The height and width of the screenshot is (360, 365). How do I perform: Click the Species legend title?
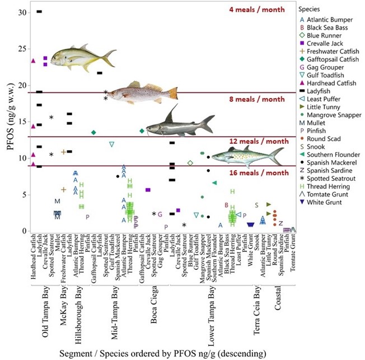310,9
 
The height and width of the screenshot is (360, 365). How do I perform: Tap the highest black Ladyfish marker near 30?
39,11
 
